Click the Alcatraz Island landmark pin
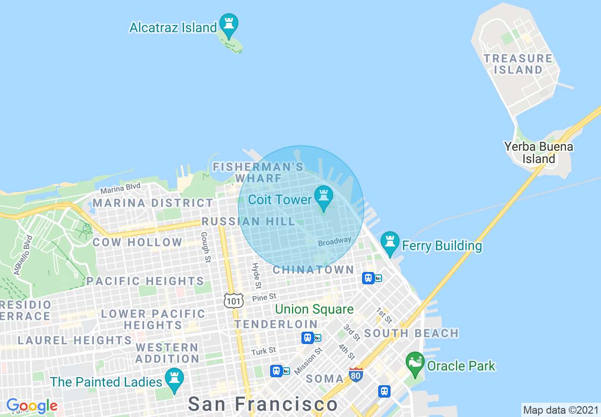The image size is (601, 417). click(229, 24)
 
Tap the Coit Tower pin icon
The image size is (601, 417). click(324, 197)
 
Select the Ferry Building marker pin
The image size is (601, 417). click(390, 242)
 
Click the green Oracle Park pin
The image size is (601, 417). click(415, 363)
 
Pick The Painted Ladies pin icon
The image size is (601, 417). click(174, 379)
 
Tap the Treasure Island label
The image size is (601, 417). click(518, 64)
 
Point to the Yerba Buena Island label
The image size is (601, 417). click(538, 153)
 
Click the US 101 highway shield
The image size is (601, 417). click(234, 300)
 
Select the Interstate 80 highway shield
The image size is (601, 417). click(356, 375)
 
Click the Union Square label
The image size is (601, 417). click(314, 309)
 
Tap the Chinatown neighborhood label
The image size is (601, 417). click(313, 270)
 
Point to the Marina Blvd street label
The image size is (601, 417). click(120, 188)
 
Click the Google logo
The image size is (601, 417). click(32, 406)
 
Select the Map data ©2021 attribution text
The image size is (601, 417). click(560, 409)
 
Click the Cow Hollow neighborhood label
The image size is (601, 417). click(137, 242)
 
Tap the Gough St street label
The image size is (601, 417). click(206, 247)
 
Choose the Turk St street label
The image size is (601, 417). click(264, 351)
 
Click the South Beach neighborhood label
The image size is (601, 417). click(411, 333)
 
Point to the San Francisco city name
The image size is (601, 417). click(263, 404)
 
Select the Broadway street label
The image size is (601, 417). click(335, 241)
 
